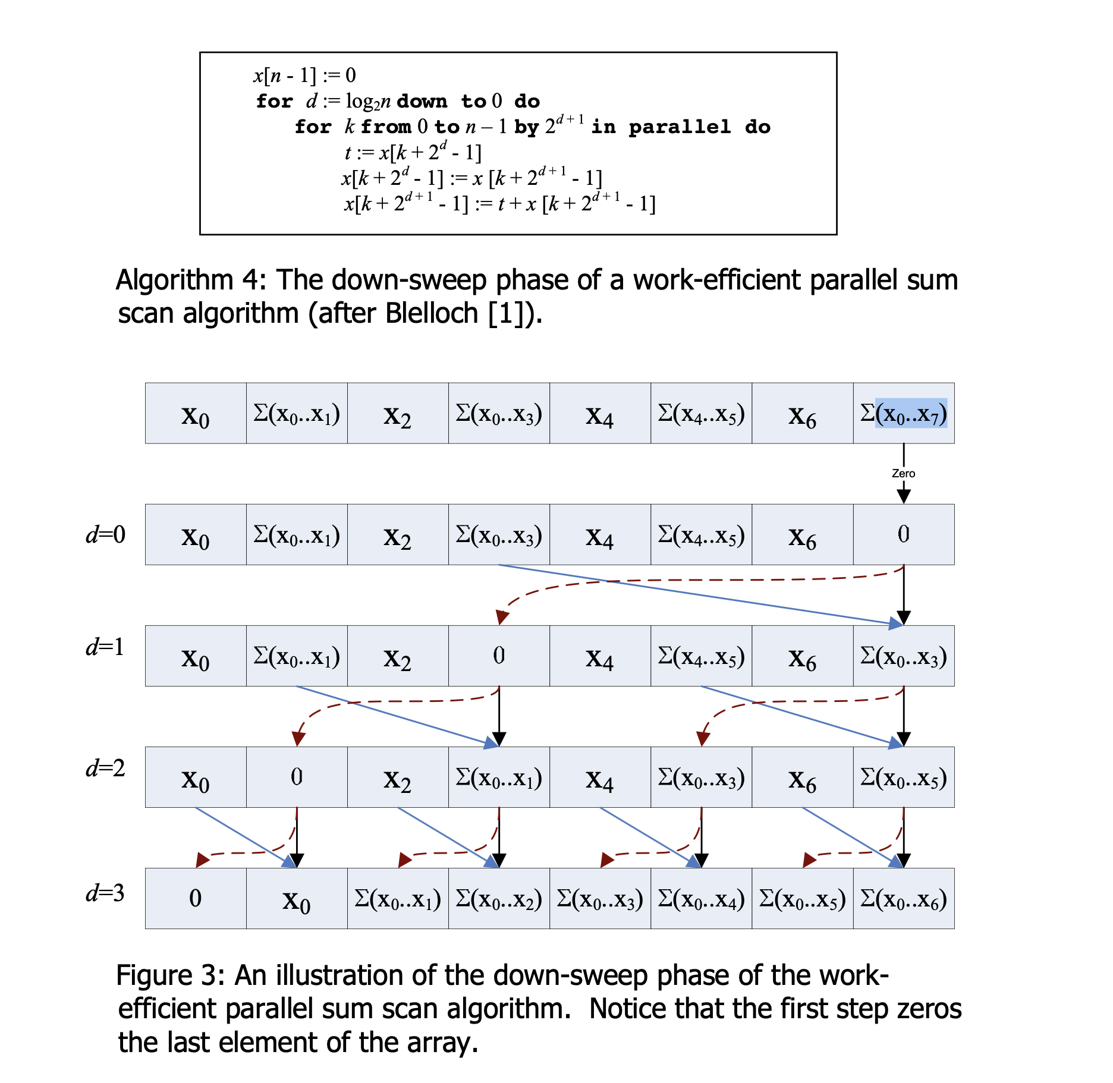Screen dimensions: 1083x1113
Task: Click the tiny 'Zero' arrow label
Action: [903, 473]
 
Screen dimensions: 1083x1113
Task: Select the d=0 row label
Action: [106, 534]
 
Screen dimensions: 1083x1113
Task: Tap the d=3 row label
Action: [106, 893]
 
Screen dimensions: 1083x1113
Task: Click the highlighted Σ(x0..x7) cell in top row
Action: [904, 414]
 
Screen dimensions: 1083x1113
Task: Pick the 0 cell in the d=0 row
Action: [904, 534]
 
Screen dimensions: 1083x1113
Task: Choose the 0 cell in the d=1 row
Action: [499, 656]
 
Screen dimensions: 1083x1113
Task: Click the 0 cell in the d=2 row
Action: [297, 777]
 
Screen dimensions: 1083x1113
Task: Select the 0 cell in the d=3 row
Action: [196, 898]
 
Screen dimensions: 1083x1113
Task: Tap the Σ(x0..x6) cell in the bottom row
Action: [904, 899]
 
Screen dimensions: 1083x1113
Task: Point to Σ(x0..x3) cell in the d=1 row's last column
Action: [904, 656]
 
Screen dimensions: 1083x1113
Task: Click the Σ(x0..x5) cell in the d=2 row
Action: [904, 777]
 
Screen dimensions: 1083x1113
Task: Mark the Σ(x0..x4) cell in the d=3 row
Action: [702, 899]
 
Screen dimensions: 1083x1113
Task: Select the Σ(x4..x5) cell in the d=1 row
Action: [702, 656]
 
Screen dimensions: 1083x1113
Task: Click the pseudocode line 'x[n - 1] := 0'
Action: [305, 75]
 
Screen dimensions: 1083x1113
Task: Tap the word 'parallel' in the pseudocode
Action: [680, 127]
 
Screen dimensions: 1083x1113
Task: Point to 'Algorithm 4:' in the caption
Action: [191, 279]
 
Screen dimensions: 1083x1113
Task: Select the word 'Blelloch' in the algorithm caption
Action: [432, 313]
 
